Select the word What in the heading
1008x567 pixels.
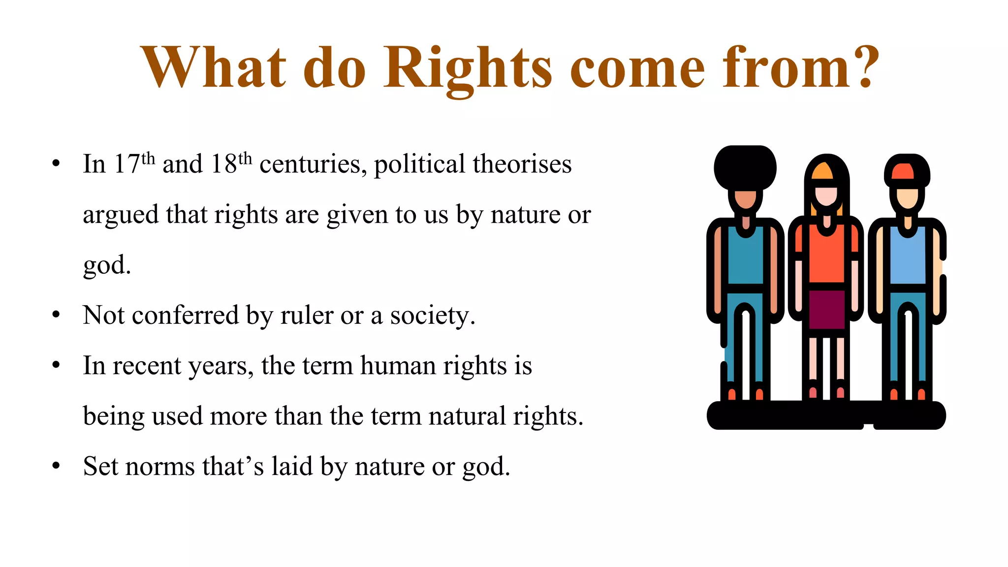click(213, 68)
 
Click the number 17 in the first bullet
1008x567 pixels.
click(126, 164)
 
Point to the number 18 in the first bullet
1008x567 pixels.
click(224, 164)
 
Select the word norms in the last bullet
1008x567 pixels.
click(160, 467)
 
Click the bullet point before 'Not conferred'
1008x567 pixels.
click(56, 315)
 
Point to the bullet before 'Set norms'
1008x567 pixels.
click(56, 466)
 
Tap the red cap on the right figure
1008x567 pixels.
click(902, 171)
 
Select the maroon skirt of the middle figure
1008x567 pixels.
click(827, 309)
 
